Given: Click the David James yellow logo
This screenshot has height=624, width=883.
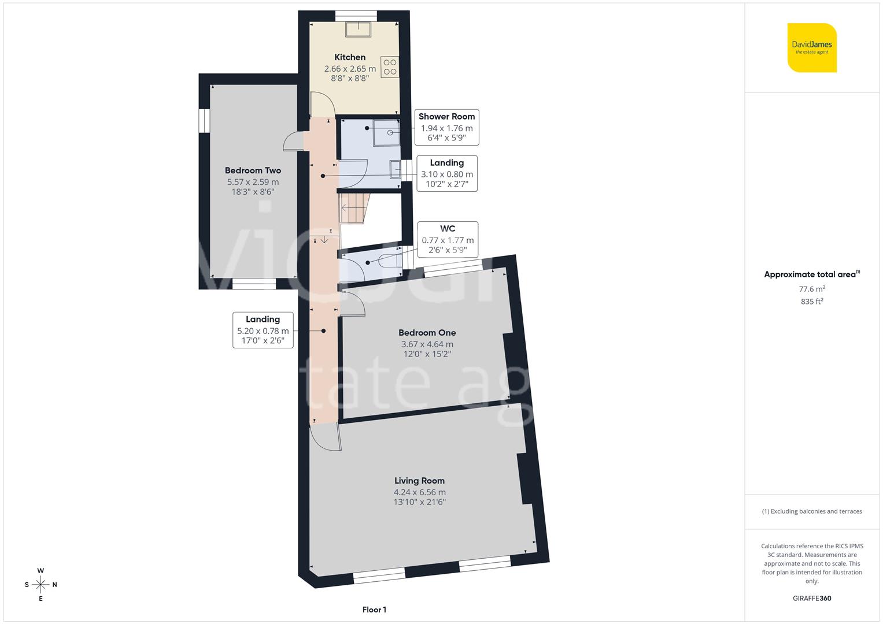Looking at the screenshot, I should pyautogui.click(x=812, y=48).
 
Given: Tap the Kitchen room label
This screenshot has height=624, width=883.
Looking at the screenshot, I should pyautogui.click(x=350, y=57).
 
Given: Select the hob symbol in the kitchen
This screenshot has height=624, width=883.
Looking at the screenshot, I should pyautogui.click(x=390, y=67).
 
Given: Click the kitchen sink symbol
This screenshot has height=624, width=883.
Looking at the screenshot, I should pyautogui.click(x=359, y=29).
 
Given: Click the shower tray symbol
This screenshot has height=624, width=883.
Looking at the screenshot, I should pyautogui.click(x=386, y=132).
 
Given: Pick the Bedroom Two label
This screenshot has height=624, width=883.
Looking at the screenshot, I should pyautogui.click(x=253, y=170).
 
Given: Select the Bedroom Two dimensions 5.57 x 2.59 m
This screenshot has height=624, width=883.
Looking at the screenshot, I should pyautogui.click(x=253, y=182).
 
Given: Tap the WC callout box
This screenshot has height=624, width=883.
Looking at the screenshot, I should pyautogui.click(x=448, y=239).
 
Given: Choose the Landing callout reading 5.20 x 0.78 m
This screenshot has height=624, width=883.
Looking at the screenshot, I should pyautogui.click(x=263, y=330).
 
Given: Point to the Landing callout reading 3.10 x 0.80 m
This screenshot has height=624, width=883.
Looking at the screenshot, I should pyautogui.click(x=446, y=173).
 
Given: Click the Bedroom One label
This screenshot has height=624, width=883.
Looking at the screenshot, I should pyautogui.click(x=427, y=333).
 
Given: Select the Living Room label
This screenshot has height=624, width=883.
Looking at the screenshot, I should pyautogui.click(x=419, y=481).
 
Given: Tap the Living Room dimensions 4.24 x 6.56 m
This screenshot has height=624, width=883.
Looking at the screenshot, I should pyautogui.click(x=419, y=492).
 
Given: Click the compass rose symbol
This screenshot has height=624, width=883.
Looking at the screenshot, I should pyautogui.click(x=40, y=585).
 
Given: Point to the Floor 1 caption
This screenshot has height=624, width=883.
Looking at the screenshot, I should pyautogui.click(x=374, y=610).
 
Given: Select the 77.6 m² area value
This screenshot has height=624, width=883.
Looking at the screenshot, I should pyautogui.click(x=812, y=289).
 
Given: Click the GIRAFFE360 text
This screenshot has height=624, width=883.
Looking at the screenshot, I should pyautogui.click(x=812, y=598).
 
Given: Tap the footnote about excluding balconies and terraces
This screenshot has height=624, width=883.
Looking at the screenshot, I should pyautogui.click(x=812, y=511).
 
